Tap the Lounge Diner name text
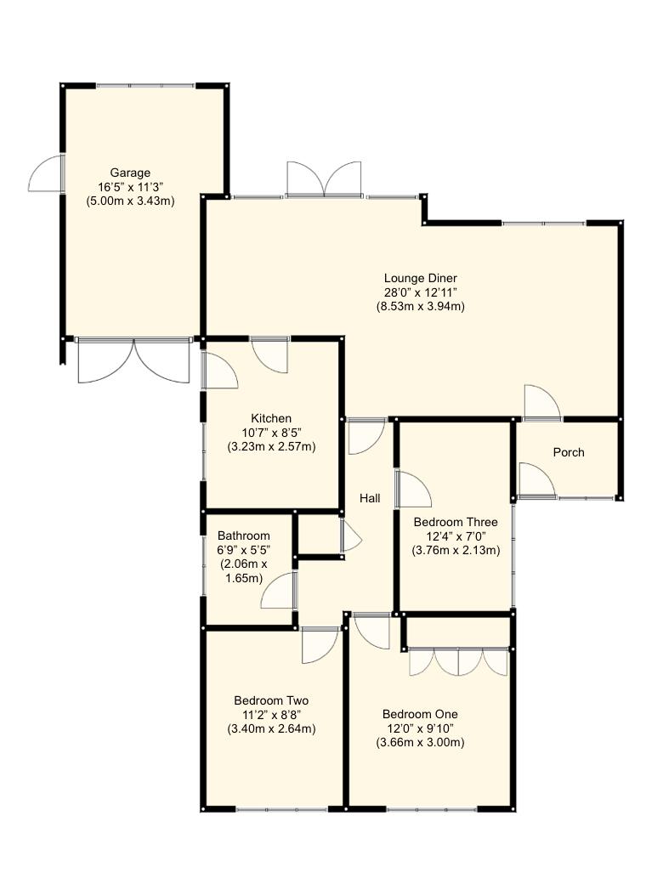pyautogui.click(x=420, y=277)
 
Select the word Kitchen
pyautogui.click(x=271, y=418)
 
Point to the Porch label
pyautogui.click(x=569, y=452)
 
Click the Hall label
pyautogui.click(x=369, y=498)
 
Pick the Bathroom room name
pyautogui.click(x=244, y=535)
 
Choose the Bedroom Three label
pyautogui.click(x=456, y=522)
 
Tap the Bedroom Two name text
pyautogui.click(x=271, y=700)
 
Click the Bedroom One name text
pyautogui.click(x=420, y=714)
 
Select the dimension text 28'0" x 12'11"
pyautogui.click(x=420, y=292)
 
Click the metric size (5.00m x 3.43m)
pyautogui.click(x=130, y=201)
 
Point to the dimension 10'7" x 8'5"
pyautogui.click(x=271, y=433)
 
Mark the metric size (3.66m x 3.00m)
pyautogui.click(x=420, y=742)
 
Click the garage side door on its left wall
pyautogui.click(x=47, y=173)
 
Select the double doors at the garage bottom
pyautogui.click(x=133, y=361)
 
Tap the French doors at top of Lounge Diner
pyautogui.click(x=324, y=179)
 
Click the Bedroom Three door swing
pyautogui.click(x=414, y=490)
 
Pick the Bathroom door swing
pyautogui.click(x=278, y=592)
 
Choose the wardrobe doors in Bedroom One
pyautogui.click(x=458, y=662)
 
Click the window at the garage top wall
pyautogui.click(x=144, y=85)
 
